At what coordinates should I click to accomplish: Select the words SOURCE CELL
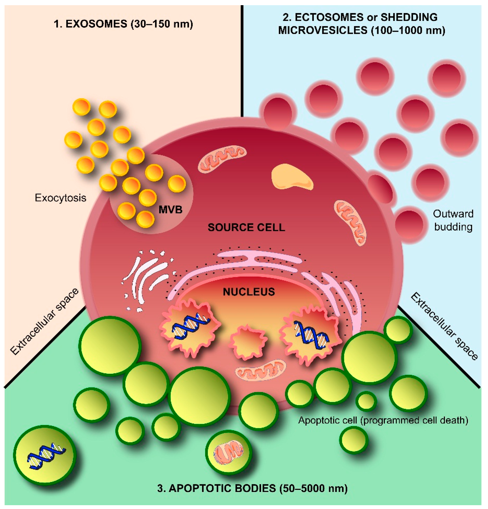click(246, 227)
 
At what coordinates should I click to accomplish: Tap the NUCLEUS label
click(249, 292)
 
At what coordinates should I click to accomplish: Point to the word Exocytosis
click(61, 198)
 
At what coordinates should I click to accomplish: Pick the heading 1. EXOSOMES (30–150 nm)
click(123, 24)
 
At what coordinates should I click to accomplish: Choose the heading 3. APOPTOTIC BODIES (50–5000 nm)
click(252, 488)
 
